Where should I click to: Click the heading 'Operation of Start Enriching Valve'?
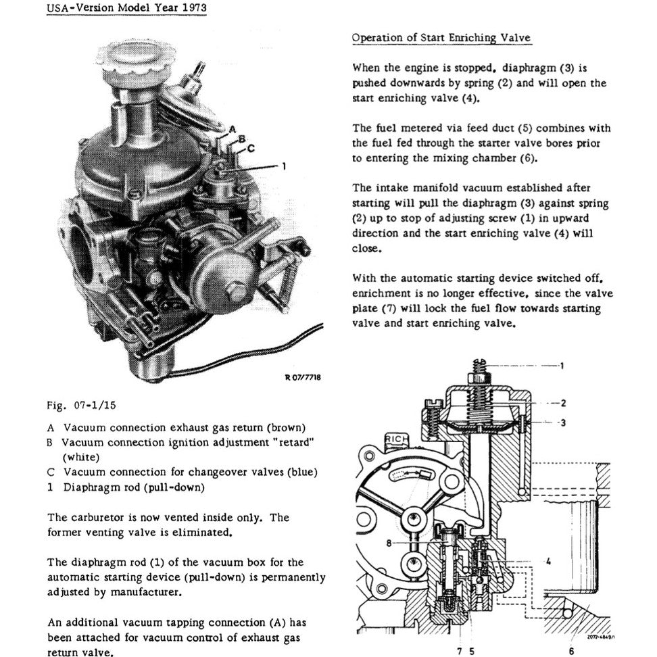click(441, 39)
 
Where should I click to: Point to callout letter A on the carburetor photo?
click(230, 128)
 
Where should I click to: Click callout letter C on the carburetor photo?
click(251, 147)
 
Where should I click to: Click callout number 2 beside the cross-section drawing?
click(562, 404)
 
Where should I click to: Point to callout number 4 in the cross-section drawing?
click(547, 560)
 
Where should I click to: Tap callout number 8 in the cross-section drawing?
click(390, 542)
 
